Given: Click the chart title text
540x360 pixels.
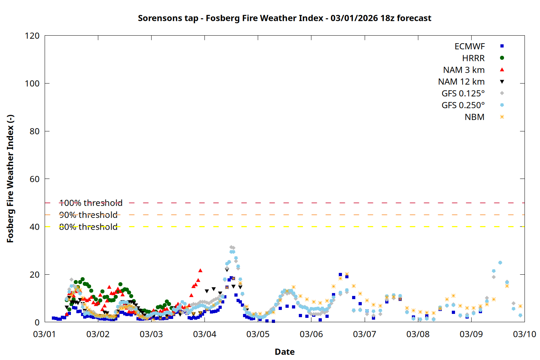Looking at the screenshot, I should click(284, 18).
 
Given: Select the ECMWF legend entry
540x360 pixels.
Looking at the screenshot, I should click(469, 46).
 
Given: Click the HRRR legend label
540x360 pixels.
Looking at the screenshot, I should click(473, 58).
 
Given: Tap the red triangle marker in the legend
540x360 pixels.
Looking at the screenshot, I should click(502, 69).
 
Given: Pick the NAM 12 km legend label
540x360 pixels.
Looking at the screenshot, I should click(461, 82).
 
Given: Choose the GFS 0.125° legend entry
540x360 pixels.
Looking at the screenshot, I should click(463, 94).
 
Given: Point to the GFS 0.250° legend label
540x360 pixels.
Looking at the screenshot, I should click(463, 105).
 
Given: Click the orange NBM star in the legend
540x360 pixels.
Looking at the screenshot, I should click(502, 117).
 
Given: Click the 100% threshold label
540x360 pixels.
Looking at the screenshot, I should click(91, 203).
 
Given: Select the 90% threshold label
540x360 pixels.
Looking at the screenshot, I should click(88, 215).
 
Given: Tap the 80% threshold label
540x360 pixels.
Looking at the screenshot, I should click(88, 227).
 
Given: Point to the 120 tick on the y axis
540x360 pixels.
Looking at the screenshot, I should click(32, 36).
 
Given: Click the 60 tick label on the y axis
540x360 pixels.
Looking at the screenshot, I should click(35, 179).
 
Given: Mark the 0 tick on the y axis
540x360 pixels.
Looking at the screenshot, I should click(37, 322).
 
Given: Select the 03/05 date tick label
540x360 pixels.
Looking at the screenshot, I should click(258, 334).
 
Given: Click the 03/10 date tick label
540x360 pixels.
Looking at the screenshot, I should click(524, 334).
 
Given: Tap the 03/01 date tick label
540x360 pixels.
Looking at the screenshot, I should click(44, 334).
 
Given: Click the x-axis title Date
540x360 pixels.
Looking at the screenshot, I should click(284, 352).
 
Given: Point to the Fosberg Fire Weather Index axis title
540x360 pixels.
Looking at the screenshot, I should click(10, 179).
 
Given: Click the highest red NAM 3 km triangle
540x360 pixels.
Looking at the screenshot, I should click(200, 270).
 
